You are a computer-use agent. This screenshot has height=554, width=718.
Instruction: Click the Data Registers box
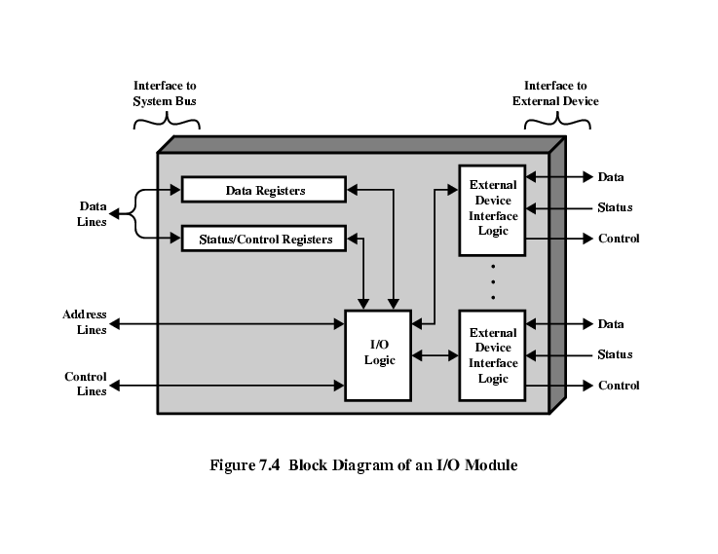point(264,190)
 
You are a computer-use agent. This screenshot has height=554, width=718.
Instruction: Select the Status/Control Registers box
point(264,239)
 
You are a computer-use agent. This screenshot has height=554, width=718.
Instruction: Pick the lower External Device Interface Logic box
point(493,355)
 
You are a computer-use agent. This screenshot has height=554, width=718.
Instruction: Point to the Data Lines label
point(93,214)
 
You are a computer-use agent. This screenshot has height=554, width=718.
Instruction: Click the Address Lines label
point(85,322)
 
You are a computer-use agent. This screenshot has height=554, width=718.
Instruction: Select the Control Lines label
point(86,384)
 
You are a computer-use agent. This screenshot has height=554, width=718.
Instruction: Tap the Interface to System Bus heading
point(165,93)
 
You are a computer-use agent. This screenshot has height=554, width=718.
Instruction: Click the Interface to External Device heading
point(560,93)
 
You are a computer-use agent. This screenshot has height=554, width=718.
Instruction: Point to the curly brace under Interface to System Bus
point(167,123)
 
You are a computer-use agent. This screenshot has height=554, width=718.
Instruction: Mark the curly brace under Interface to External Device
point(557,123)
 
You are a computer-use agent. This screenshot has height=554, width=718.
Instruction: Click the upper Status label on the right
point(615,207)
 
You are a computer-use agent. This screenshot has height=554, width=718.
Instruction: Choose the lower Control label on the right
point(619,386)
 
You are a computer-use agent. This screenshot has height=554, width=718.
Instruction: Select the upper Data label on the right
point(611,177)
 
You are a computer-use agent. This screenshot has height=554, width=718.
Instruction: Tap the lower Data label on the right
point(611,324)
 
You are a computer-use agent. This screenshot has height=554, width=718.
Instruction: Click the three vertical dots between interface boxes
point(493,280)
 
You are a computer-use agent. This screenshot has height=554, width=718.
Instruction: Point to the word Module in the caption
point(489,464)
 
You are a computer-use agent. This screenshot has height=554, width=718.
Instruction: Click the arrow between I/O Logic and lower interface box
point(435,355)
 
